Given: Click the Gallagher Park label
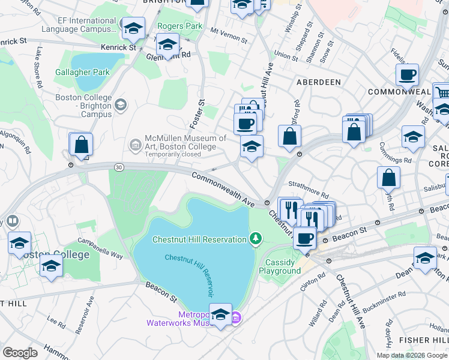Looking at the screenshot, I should point(82,72).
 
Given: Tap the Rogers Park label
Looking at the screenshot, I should point(179,26).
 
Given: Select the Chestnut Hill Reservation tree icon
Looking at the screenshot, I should point(256,239).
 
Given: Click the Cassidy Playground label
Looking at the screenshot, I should point(280,266).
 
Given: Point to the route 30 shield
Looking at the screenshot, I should point(120,168).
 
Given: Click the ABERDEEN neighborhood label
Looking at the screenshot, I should point(318,82).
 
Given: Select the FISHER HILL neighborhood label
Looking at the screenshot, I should point(427,341).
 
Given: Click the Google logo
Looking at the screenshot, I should point(20,353).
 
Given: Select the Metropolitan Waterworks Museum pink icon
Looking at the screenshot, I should point(237,317).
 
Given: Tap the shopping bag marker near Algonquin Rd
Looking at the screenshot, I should point(80,145).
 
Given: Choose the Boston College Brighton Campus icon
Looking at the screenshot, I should point(121,106).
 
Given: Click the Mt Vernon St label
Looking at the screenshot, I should point(229,35).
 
